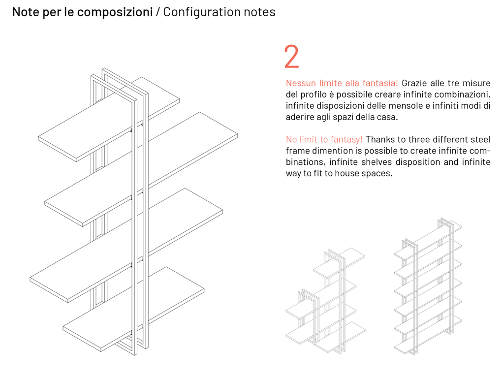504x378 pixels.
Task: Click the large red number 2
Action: pyautogui.click(x=291, y=57)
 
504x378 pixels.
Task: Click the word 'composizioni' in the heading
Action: pyautogui.click(x=115, y=12)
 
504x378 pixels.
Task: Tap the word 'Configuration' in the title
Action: pyautogui.click(x=201, y=12)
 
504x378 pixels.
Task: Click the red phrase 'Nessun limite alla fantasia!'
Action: pyautogui.click(x=342, y=83)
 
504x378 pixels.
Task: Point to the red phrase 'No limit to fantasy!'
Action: pyautogui.click(x=324, y=139)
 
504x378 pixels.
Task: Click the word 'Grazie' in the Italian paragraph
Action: pyautogui.click(x=414, y=83)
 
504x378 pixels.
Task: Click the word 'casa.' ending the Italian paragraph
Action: pyautogui.click(x=387, y=117)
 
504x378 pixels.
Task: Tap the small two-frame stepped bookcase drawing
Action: pyautogui.click(x=325, y=301)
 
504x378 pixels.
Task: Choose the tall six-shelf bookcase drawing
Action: pyautogui.click(x=428, y=287)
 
